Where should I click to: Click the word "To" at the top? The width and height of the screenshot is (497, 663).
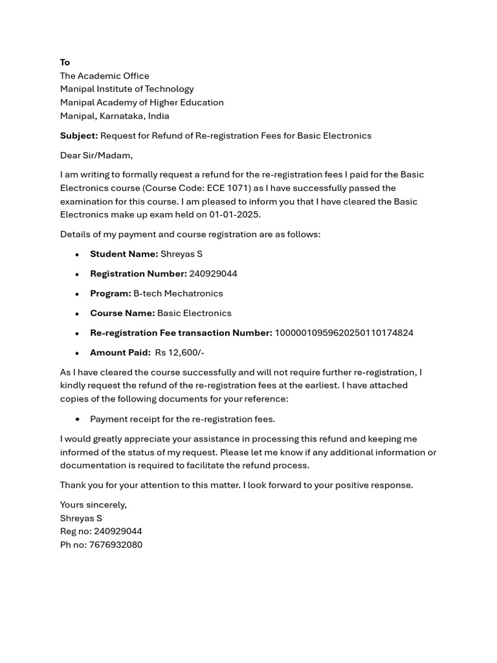click(x=65, y=62)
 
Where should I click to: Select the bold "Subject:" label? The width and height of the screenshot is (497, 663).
click(x=79, y=135)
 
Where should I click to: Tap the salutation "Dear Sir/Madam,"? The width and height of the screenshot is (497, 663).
click(x=96, y=155)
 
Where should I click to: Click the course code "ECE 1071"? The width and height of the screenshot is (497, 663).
click(x=228, y=188)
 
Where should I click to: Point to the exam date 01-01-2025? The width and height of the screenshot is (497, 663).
click(x=234, y=214)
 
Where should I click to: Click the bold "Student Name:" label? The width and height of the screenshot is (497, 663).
click(x=124, y=254)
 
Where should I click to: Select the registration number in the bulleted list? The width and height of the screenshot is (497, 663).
click(x=213, y=273)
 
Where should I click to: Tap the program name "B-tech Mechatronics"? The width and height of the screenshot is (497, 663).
click(x=178, y=293)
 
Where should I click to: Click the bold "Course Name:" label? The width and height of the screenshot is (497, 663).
click(x=122, y=313)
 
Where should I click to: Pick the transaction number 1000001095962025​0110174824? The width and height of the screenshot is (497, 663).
click(x=344, y=333)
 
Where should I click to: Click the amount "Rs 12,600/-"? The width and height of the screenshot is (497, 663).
click(x=179, y=352)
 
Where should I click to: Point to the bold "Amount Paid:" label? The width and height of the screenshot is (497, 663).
click(x=120, y=352)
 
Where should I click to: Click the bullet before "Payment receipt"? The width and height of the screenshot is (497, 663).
click(x=77, y=420)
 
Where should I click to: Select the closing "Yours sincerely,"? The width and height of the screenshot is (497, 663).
click(x=93, y=504)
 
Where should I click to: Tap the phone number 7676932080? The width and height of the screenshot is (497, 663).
click(x=115, y=545)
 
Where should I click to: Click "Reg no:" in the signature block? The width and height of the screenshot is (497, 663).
click(x=76, y=531)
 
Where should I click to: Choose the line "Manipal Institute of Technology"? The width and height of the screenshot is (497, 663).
click(x=127, y=89)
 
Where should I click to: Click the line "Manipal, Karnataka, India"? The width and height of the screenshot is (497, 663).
click(x=115, y=116)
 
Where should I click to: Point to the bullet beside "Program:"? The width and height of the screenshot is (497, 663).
click(x=77, y=294)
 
